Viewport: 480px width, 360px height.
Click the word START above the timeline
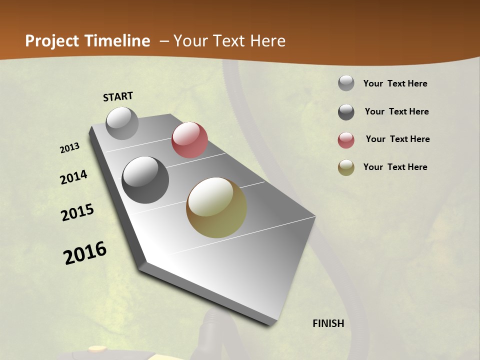pos(118,96)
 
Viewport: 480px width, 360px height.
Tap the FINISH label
pos(328,323)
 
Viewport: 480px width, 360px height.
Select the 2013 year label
pos(70,148)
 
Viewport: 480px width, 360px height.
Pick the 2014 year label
pos(73,177)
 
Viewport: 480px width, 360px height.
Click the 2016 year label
pos(85,253)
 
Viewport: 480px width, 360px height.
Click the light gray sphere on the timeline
pos(122,123)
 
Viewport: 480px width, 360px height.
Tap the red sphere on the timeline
pos(189,140)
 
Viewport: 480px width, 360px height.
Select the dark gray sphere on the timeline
pos(145,180)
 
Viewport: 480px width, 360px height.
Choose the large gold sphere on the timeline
pos(216,207)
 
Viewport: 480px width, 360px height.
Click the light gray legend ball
pos(346,83)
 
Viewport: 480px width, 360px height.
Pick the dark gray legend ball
pos(346,112)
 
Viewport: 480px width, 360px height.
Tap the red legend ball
pos(346,140)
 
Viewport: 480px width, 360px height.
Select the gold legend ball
pos(346,167)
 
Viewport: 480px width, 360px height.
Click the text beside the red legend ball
pos(397,139)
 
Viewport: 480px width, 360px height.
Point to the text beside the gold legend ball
pos(395,167)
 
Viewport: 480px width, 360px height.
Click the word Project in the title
pos(52,41)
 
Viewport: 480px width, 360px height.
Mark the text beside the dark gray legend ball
pos(396,111)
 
